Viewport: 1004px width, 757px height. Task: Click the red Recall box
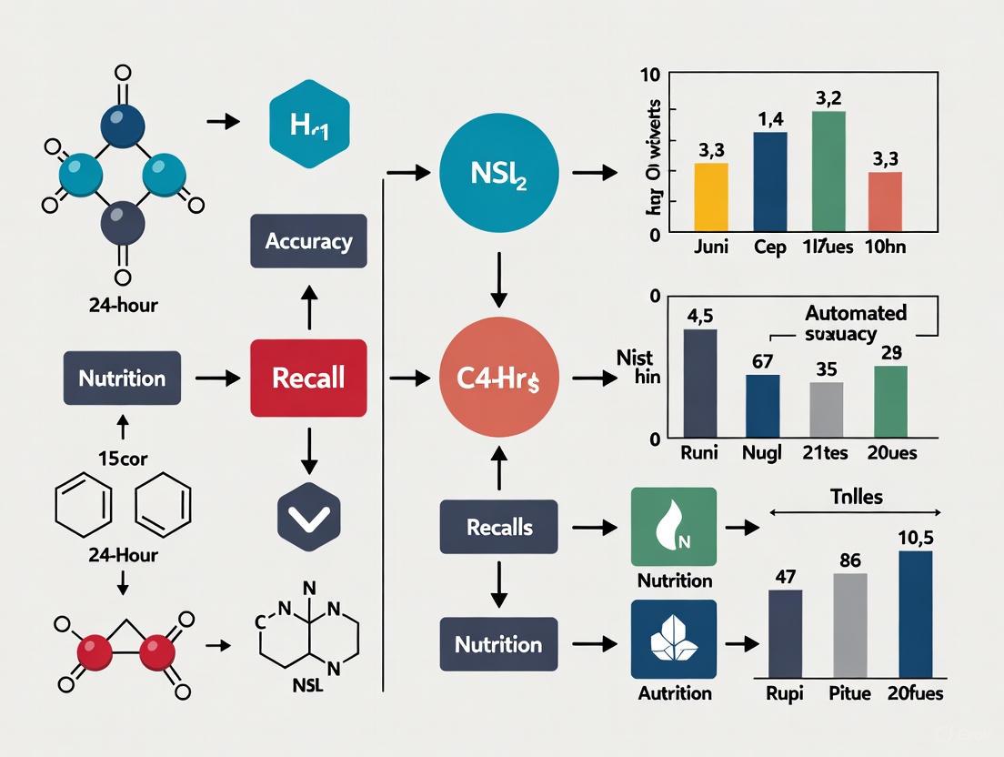point(308,377)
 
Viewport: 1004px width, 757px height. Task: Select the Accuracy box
point(308,241)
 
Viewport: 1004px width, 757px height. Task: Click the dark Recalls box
point(498,527)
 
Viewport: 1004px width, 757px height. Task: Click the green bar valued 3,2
point(828,170)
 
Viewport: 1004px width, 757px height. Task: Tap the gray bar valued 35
point(826,409)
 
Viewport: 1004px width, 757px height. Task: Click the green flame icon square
point(673,528)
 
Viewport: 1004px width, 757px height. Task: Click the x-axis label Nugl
point(762,452)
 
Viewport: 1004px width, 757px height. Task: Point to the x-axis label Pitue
point(849,693)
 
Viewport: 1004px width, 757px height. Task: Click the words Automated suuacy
point(855,323)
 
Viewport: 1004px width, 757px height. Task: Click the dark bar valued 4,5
point(699,382)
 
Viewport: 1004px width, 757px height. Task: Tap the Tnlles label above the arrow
point(850,497)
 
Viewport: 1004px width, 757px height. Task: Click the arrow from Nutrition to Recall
point(216,377)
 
